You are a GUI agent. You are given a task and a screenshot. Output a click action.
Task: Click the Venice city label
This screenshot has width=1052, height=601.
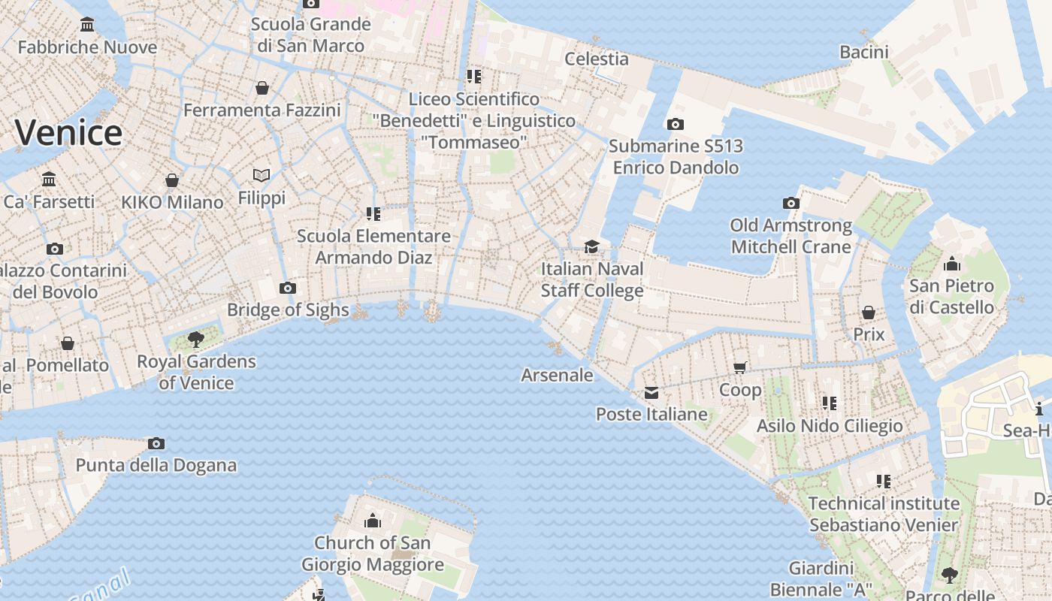point(68,133)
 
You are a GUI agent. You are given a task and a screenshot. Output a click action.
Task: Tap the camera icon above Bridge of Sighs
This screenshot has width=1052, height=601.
point(287,288)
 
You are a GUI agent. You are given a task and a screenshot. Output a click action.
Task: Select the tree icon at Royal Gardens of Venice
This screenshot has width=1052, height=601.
point(196,339)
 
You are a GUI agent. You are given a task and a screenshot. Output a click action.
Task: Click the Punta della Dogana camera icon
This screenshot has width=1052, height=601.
point(156,443)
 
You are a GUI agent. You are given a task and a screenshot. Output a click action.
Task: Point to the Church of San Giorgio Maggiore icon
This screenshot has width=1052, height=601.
point(372,521)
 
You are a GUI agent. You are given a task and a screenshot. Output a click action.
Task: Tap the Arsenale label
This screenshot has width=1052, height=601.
point(557,375)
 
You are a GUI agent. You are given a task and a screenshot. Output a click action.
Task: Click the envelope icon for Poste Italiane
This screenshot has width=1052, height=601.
point(651,392)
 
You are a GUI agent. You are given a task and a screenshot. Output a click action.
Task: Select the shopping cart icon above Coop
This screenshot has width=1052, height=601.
point(740,367)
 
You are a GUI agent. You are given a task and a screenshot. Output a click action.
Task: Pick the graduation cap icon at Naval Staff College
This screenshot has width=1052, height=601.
point(592,246)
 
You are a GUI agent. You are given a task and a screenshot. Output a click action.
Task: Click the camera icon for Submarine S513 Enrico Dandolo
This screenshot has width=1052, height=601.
point(676,124)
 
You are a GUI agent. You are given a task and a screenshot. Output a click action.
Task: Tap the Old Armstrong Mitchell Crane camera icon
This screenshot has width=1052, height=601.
point(791,203)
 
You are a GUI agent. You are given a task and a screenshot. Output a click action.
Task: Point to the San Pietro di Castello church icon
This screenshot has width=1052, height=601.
point(952,264)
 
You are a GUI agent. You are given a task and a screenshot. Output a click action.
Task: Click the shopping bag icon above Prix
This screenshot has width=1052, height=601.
point(869,312)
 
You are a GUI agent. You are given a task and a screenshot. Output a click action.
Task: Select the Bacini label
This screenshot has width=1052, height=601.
point(864,52)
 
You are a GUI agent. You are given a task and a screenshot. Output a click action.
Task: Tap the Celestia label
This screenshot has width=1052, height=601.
point(597,59)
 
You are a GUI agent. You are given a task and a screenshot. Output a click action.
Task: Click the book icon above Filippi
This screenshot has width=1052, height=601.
point(261,175)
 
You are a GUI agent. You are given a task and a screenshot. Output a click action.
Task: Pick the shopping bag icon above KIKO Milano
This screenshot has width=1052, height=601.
point(172,180)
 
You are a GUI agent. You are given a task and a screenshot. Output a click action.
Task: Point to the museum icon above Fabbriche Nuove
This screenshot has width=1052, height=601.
point(87,26)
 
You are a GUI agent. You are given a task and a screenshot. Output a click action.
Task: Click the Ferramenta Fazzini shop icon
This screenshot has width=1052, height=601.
point(262,89)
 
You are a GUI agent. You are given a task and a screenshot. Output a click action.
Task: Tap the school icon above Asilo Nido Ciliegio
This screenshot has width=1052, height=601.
point(829,403)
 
